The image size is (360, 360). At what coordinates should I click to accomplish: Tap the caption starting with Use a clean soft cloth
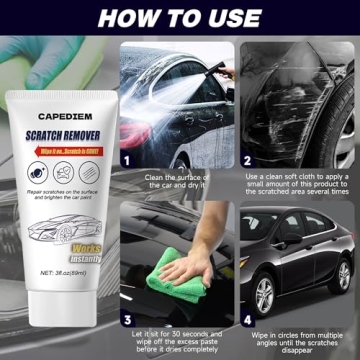pyautogui.click(x=296, y=186)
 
